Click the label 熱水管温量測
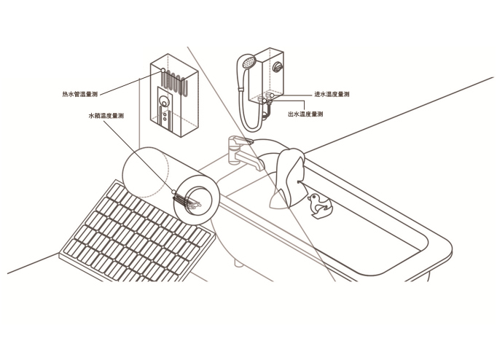(80, 94)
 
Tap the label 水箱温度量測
(106, 116)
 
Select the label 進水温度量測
(332, 94)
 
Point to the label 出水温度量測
(305, 114)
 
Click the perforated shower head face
(248, 62)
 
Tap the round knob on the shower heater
(278, 67)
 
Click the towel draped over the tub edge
(288, 178)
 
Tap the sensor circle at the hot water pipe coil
(163, 71)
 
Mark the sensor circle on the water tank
(173, 192)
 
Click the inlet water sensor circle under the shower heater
(272, 95)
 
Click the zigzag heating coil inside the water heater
(174, 82)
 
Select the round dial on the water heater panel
(164, 101)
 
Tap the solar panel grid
(135, 233)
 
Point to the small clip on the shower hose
(242, 88)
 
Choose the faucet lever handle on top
(241, 140)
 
